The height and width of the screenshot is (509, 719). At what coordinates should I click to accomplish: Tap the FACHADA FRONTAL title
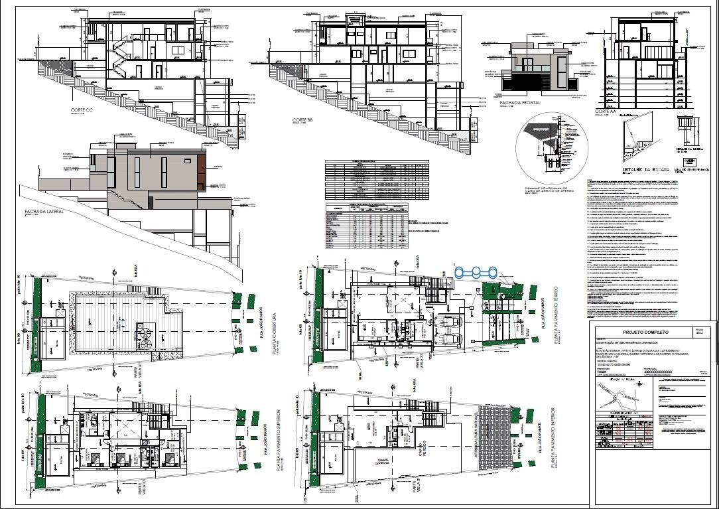(x=522, y=103)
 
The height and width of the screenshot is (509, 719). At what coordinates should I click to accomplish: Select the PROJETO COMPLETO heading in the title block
(x=645, y=332)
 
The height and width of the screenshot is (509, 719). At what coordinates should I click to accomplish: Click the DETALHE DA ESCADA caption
(x=643, y=170)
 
